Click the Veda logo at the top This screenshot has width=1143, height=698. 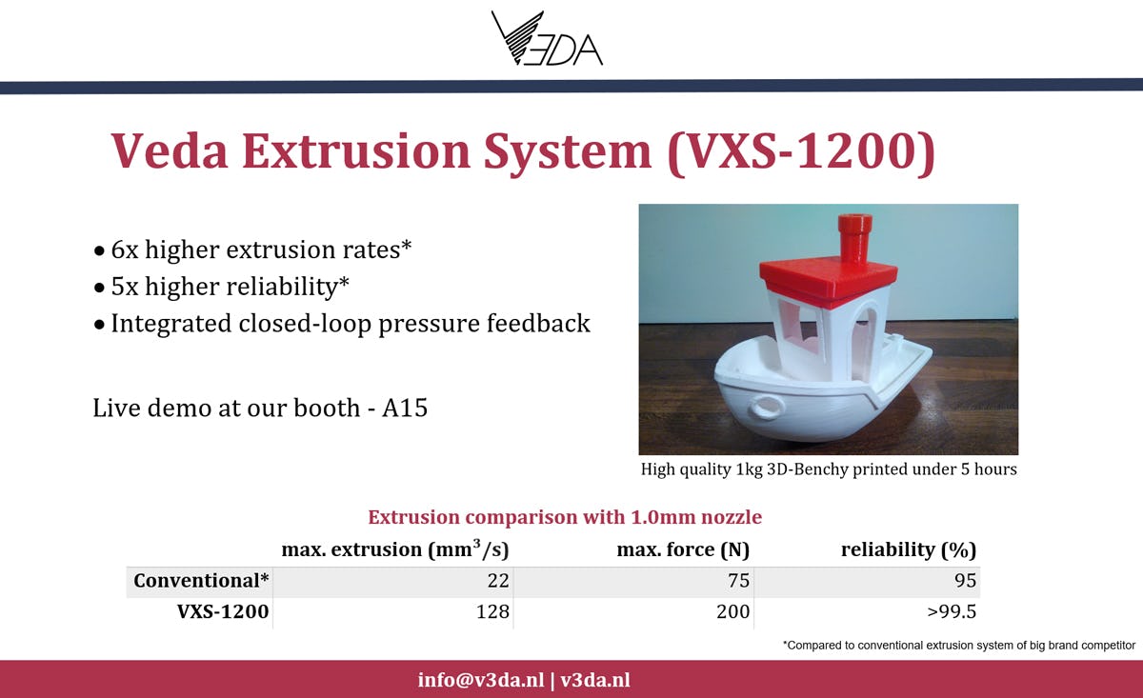click(x=547, y=39)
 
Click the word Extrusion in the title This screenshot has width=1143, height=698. click(x=355, y=151)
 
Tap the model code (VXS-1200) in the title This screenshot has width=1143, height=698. click(x=801, y=152)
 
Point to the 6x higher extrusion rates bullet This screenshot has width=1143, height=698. click(x=252, y=249)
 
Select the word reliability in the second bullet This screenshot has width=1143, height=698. click(x=281, y=286)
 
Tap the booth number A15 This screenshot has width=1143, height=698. click(x=405, y=408)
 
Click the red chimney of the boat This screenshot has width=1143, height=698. click(x=854, y=239)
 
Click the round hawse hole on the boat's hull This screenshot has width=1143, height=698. click(x=767, y=407)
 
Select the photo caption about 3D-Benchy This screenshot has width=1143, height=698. click(x=829, y=469)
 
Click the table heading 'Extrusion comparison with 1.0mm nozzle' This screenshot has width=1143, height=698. click(x=565, y=517)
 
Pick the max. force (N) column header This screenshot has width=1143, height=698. click(x=683, y=549)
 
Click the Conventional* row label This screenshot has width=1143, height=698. click(x=201, y=581)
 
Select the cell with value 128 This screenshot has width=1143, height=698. click(x=492, y=611)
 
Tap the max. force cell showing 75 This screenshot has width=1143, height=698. click(x=738, y=581)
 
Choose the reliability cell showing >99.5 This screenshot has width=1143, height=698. click(x=952, y=611)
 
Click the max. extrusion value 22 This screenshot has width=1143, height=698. click(x=498, y=581)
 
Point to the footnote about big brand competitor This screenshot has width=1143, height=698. click(x=959, y=646)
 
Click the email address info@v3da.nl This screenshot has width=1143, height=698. click(x=481, y=680)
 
